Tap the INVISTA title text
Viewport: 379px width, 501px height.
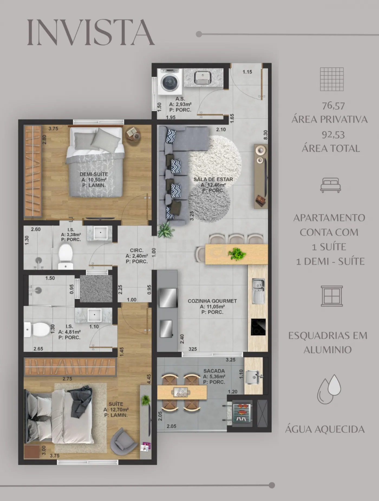pos(91,32)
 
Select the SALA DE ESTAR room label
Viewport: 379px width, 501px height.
pos(213,179)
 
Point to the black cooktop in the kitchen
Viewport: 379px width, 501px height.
pos(258,327)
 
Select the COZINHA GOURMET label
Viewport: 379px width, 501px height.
pos(212,301)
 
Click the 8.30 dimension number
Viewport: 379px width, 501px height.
pos(266,135)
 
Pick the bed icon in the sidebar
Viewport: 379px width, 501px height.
pos(331,185)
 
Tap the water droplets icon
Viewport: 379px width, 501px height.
pos(329,389)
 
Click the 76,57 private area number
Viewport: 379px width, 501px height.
pos(333,106)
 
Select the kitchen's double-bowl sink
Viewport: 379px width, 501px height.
pos(258,291)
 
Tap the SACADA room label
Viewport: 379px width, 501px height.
pos(214,371)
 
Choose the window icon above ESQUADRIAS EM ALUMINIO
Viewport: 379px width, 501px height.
pos(332,296)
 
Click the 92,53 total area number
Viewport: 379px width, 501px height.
pos(333,135)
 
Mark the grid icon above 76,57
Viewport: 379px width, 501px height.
pos(332,79)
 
